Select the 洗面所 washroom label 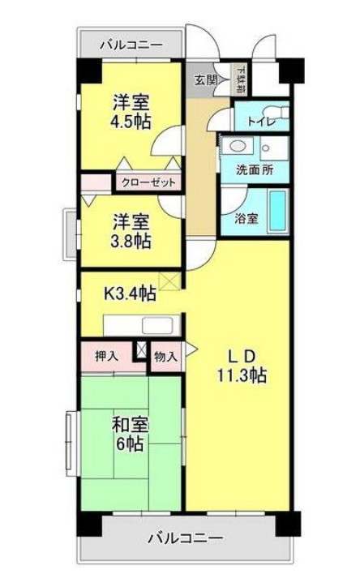pyautogui.click(x=254, y=171)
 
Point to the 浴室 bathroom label pyautogui.click(x=246, y=218)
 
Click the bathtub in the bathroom pyautogui.click(x=278, y=210)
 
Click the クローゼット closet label pyautogui.click(x=148, y=182)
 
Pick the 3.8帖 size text pyautogui.click(x=131, y=240)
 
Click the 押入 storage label pyautogui.click(x=106, y=356)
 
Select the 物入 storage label pyautogui.click(x=165, y=356)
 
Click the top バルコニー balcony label pyautogui.click(x=131, y=45)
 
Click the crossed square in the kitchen pyautogui.click(x=170, y=281)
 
